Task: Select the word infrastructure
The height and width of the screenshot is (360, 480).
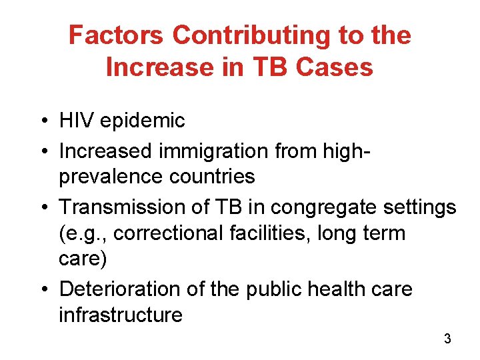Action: click(x=121, y=315)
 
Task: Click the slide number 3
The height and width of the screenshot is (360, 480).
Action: click(x=447, y=339)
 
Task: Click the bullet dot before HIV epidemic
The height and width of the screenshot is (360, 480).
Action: click(x=42, y=121)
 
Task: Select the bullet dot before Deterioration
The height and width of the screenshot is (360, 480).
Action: click(x=42, y=290)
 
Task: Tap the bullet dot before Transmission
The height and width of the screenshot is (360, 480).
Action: click(x=42, y=208)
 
